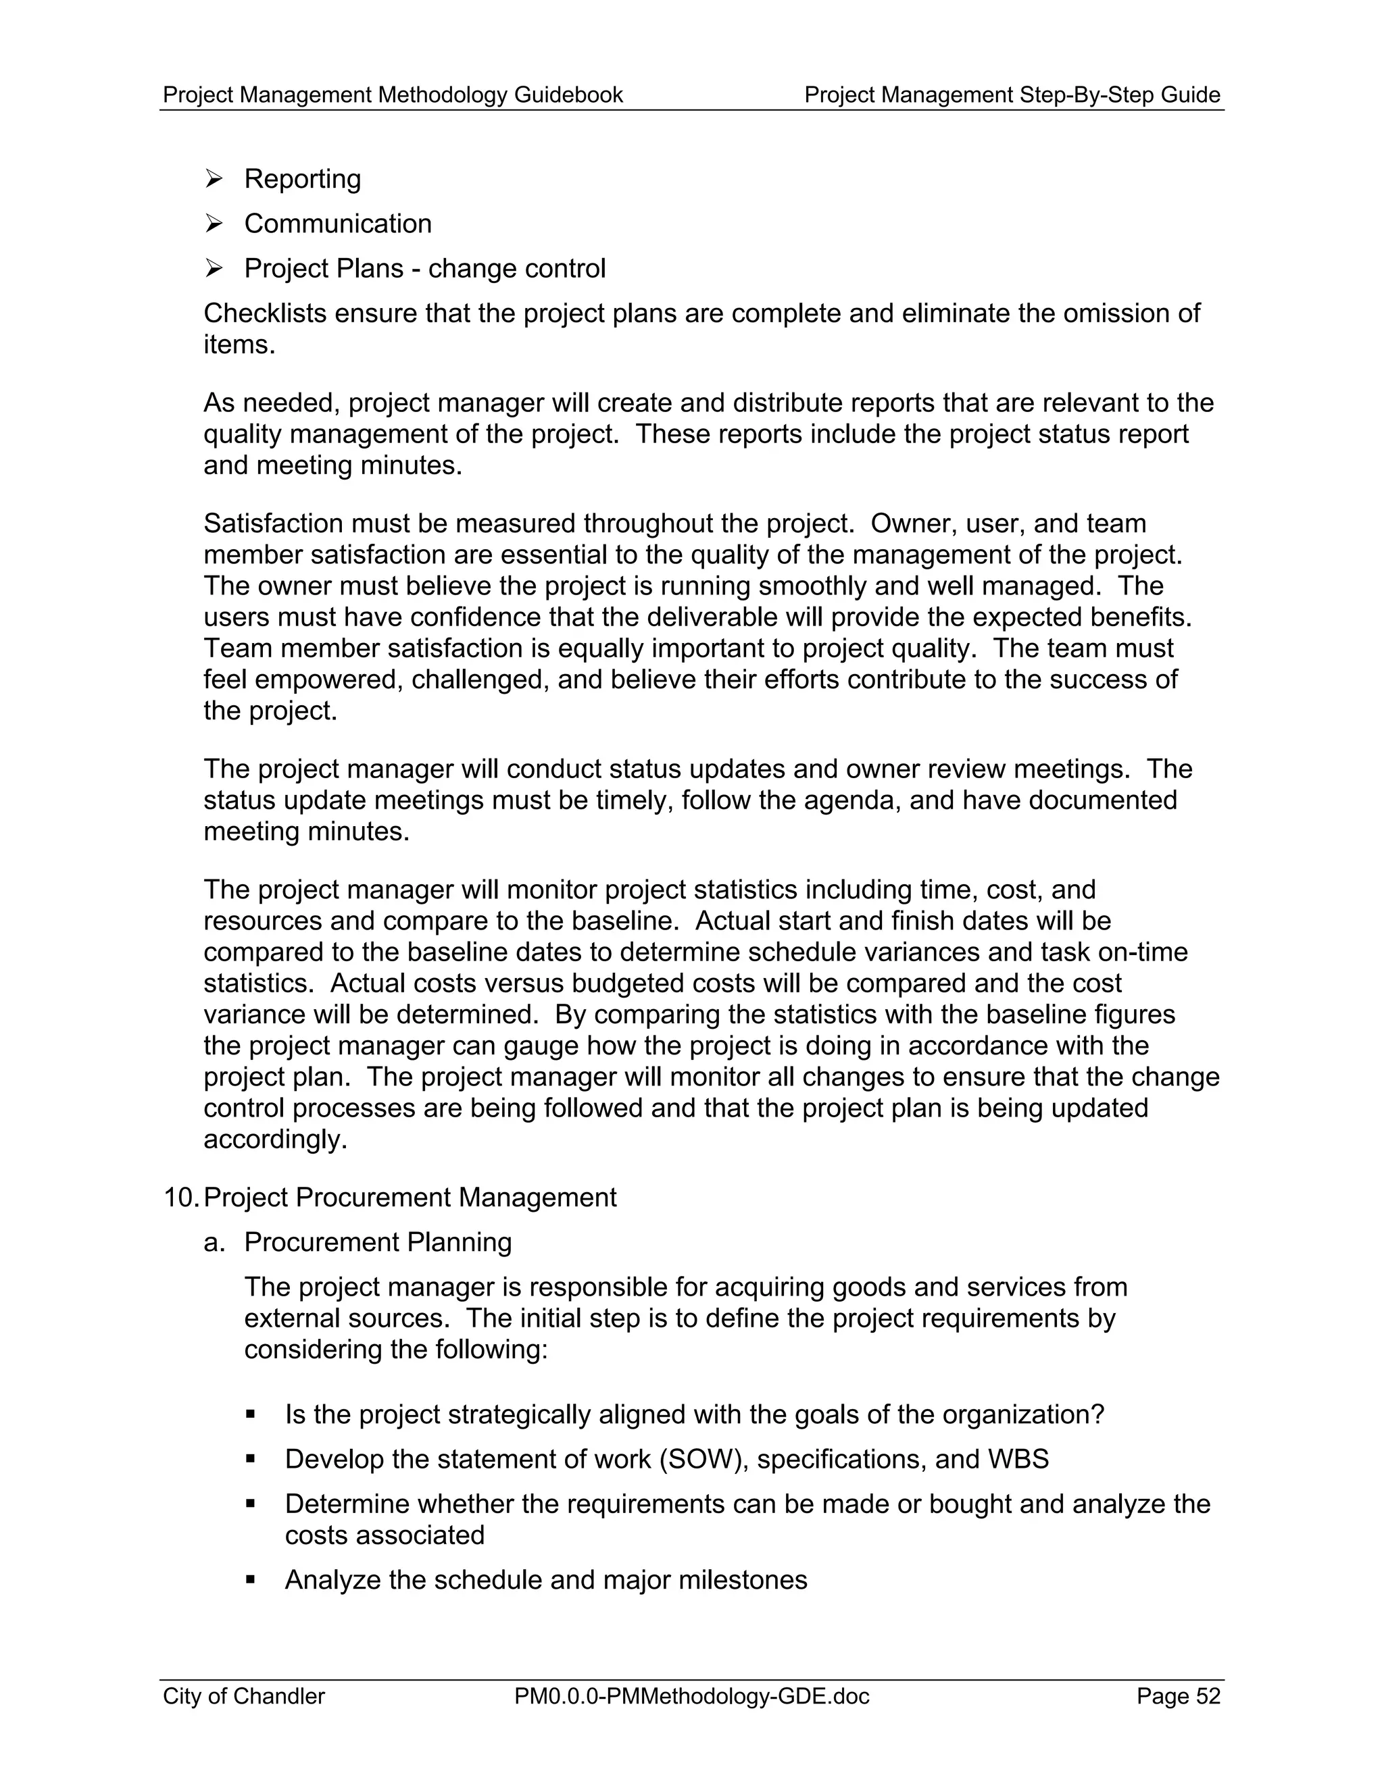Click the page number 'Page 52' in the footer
[x=1178, y=1695]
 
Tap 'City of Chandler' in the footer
[x=243, y=1695]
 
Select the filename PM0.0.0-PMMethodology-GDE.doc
[x=691, y=1695]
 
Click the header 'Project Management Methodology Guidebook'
[x=393, y=95]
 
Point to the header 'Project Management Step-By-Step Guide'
[x=1012, y=95]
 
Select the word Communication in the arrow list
[x=338, y=224]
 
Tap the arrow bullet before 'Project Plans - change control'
[x=214, y=268]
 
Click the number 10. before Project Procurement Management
[x=180, y=1198]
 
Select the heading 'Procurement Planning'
[x=378, y=1242]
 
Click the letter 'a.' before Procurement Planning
[x=214, y=1242]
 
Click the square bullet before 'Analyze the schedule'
[x=251, y=1579]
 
